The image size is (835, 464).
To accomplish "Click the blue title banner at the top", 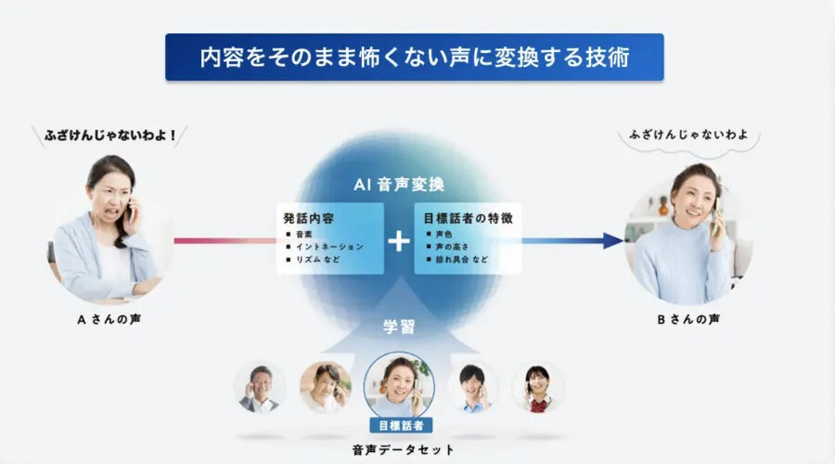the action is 414,58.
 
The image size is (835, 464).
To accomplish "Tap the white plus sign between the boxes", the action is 398,241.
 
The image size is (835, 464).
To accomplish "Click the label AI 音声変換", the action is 398,184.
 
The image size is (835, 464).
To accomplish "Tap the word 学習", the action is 398,327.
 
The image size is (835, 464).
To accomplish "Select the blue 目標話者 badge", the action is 399,425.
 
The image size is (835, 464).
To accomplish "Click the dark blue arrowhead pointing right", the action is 612,240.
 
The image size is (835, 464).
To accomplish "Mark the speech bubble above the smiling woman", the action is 687,135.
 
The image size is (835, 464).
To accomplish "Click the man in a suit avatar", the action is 259,387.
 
